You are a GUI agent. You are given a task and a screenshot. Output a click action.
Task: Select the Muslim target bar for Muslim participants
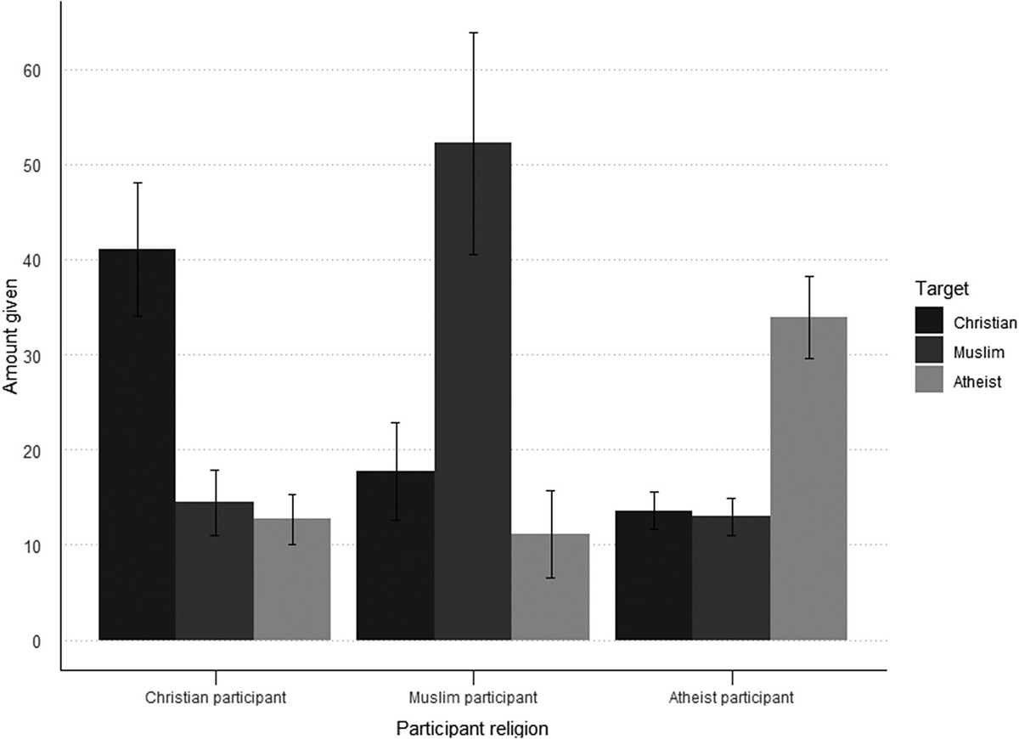(x=473, y=391)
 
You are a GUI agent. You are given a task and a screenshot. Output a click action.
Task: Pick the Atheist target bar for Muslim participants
(x=550, y=587)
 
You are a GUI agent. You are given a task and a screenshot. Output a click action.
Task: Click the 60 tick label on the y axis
(x=32, y=70)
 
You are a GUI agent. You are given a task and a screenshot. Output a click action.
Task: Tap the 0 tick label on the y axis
(x=37, y=640)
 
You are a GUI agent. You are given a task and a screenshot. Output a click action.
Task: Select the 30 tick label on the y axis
(x=32, y=355)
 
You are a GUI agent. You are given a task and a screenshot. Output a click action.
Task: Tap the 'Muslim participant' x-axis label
(x=473, y=699)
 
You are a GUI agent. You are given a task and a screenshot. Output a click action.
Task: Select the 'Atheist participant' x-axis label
(x=730, y=699)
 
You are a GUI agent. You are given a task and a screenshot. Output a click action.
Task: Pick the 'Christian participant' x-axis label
(x=215, y=699)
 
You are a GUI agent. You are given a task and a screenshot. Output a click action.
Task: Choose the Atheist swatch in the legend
(x=930, y=382)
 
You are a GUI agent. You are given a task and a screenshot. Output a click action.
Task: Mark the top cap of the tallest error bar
(x=473, y=32)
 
